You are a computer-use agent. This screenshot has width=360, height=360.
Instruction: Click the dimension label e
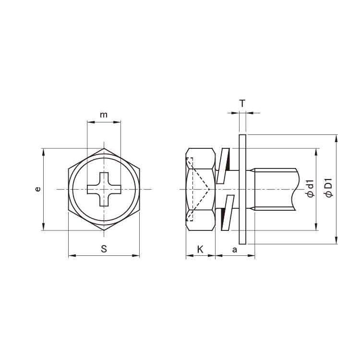click(38, 189)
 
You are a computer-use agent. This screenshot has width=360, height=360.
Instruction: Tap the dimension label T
click(242, 103)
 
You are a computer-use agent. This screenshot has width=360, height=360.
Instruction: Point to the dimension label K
click(200, 249)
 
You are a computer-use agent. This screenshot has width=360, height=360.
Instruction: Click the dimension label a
click(234, 249)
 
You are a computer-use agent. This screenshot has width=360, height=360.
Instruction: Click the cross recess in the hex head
click(104, 189)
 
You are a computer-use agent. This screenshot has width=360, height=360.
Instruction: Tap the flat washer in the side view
click(242, 189)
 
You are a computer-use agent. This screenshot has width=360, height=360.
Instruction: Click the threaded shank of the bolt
click(274, 189)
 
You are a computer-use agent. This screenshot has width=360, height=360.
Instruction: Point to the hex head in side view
click(200, 189)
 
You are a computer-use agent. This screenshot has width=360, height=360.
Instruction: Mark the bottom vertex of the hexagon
click(104, 230)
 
